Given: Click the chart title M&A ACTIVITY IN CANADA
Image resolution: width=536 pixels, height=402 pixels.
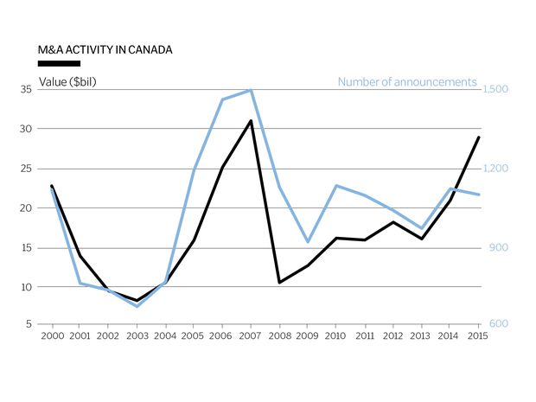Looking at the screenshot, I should (x=105, y=49).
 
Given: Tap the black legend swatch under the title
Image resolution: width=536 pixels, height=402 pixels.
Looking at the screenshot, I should (x=60, y=63).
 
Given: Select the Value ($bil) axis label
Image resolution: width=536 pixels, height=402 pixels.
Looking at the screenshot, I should (x=68, y=82).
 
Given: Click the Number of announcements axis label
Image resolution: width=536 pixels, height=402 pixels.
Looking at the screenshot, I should (x=406, y=82).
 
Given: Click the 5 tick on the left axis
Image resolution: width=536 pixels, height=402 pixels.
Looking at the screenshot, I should (x=29, y=324).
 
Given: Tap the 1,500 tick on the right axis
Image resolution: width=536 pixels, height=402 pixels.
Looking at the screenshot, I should (x=495, y=89).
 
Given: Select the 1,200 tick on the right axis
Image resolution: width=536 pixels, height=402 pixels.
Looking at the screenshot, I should (x=495, y=169).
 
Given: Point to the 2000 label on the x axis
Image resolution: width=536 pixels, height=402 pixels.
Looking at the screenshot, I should (x=52, y=335).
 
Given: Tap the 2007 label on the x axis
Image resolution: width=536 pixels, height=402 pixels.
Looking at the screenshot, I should (x=251, y=335).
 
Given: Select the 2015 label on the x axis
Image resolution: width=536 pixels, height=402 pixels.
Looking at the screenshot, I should (x=478, y=335).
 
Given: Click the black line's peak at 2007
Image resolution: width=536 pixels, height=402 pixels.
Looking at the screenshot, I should (x=251, y=121).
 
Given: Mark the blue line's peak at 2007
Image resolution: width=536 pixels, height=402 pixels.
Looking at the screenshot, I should (x=251, y=90).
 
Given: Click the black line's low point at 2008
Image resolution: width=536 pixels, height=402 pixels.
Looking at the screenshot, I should (x=279, y=282).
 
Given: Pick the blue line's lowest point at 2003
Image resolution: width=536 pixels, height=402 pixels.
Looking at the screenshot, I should (x=137, y=306).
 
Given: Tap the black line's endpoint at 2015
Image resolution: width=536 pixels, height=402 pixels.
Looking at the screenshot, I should (x=479, y=137).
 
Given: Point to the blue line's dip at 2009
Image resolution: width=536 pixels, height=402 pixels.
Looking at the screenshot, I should (x=308, y=242).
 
